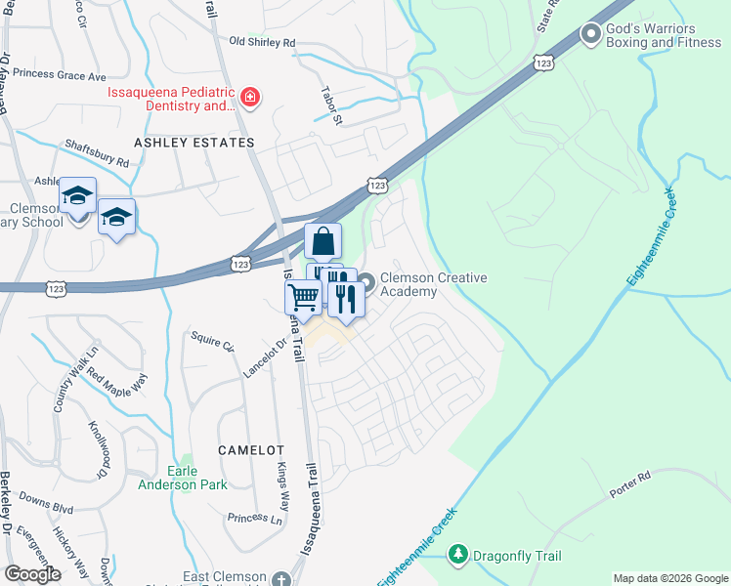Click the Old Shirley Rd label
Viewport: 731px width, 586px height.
262,42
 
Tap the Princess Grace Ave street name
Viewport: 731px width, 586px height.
66,75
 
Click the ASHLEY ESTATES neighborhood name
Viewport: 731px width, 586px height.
193,143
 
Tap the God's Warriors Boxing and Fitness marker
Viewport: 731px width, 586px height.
590,34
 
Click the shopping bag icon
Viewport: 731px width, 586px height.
322,240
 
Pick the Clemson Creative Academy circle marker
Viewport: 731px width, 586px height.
366,284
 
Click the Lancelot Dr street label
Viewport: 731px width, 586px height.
264,358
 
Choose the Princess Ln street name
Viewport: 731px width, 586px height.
254,518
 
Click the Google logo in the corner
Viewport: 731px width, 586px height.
32,573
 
